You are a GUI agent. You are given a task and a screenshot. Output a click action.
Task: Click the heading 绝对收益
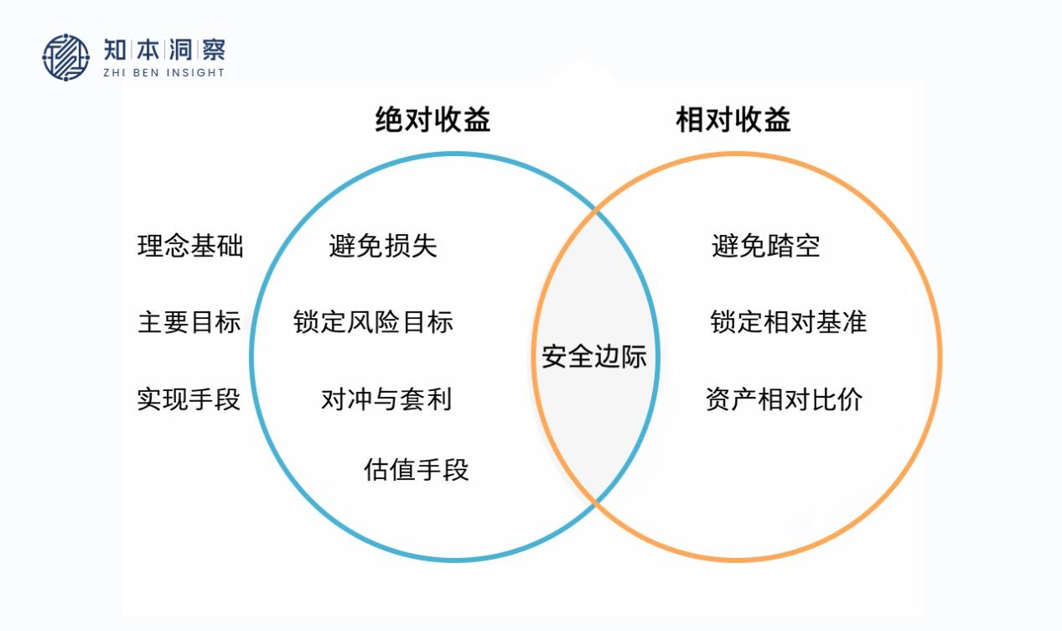click(x=433, y=120)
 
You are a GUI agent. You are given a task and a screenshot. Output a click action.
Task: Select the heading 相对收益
click(x=733, y=120)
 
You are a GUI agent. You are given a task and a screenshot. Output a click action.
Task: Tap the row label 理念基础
click(x=190, y=246)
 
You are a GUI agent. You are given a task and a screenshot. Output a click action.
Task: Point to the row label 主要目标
click(x=189, y=322)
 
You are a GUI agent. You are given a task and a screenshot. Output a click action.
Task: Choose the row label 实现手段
click(x=189, y=399)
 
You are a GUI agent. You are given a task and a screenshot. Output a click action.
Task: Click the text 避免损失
click(x=383, y=246)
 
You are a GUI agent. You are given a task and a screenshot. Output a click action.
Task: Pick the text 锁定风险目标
click(x=374, y=322)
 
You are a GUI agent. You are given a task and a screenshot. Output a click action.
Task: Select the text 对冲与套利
click(x=386, y=399)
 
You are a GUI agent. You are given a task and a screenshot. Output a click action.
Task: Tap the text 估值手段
click(x=417, y=469)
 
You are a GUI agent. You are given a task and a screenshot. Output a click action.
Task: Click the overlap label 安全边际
click(x=594, y=356)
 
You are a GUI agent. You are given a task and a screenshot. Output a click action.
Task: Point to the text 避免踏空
click(x=766, y=246)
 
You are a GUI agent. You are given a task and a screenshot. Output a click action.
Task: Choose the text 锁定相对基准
click(x=789, y=322)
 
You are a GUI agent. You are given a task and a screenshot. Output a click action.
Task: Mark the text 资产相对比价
click(x=784, y=399)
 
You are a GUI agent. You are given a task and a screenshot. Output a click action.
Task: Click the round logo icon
click(x=66, y=57)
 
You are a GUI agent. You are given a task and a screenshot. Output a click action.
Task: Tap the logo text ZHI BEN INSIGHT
click(x=164, y=72)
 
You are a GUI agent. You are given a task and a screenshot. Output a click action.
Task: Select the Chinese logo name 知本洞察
click(x=164, y=49)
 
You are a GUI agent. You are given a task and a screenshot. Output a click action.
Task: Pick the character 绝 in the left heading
click(x=389, y=120)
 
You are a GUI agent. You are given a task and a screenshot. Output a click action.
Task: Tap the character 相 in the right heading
click(x=690, y=120)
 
